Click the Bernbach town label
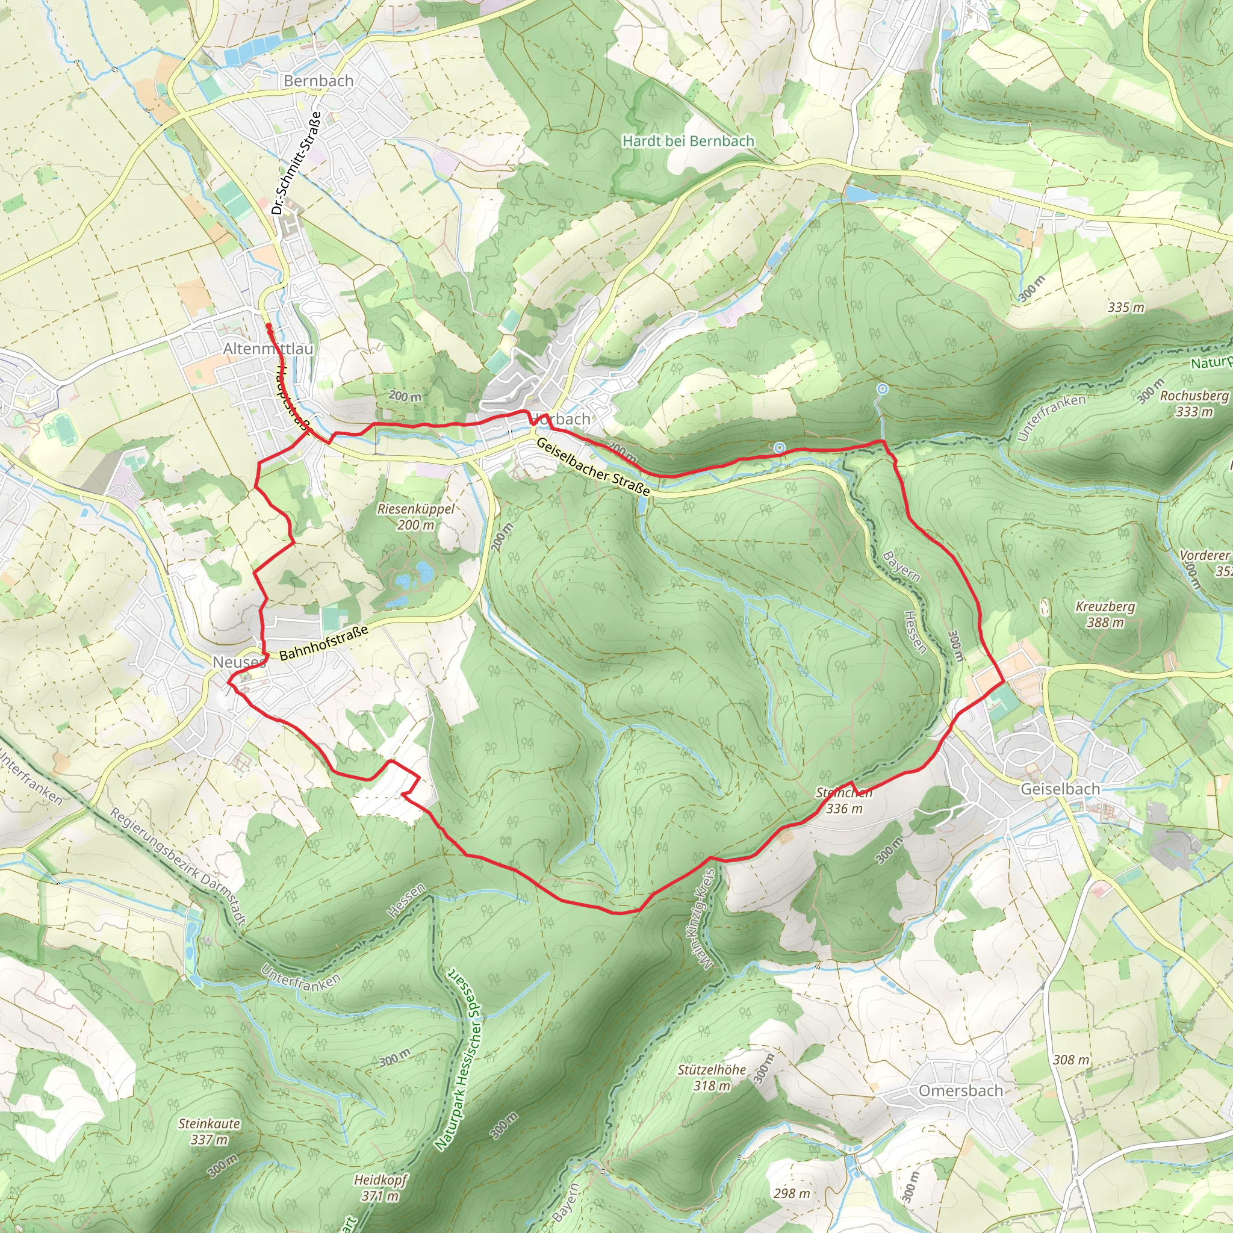coord(318,81)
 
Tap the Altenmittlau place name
coord(268,349)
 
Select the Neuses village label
coord(238,662)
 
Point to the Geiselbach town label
coord(1060,789)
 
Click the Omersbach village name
coord(960,1091)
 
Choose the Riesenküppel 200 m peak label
coord(416,517)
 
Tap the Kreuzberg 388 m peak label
coord(1105,614)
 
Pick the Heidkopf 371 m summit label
coord(380,1188)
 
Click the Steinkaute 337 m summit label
coord(210,1131)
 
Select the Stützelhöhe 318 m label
coord(712,1076)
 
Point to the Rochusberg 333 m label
coord(1194,403)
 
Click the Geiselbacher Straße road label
coord(593,467)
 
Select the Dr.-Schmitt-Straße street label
coord(296,163)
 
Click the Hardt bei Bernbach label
coord(688,141)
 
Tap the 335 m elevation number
coord(1126,307)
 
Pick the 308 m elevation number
coord(1072,1060)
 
